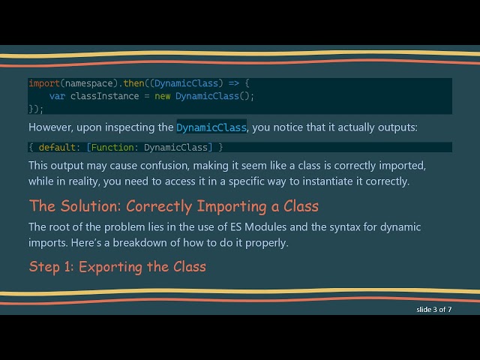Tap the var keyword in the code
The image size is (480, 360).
point(57,96)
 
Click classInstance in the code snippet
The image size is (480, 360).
point(104,96)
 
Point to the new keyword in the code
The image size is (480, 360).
point(163,96)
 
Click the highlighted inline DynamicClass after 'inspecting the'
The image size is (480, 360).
point(211,127)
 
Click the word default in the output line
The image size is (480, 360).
point(57,147)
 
